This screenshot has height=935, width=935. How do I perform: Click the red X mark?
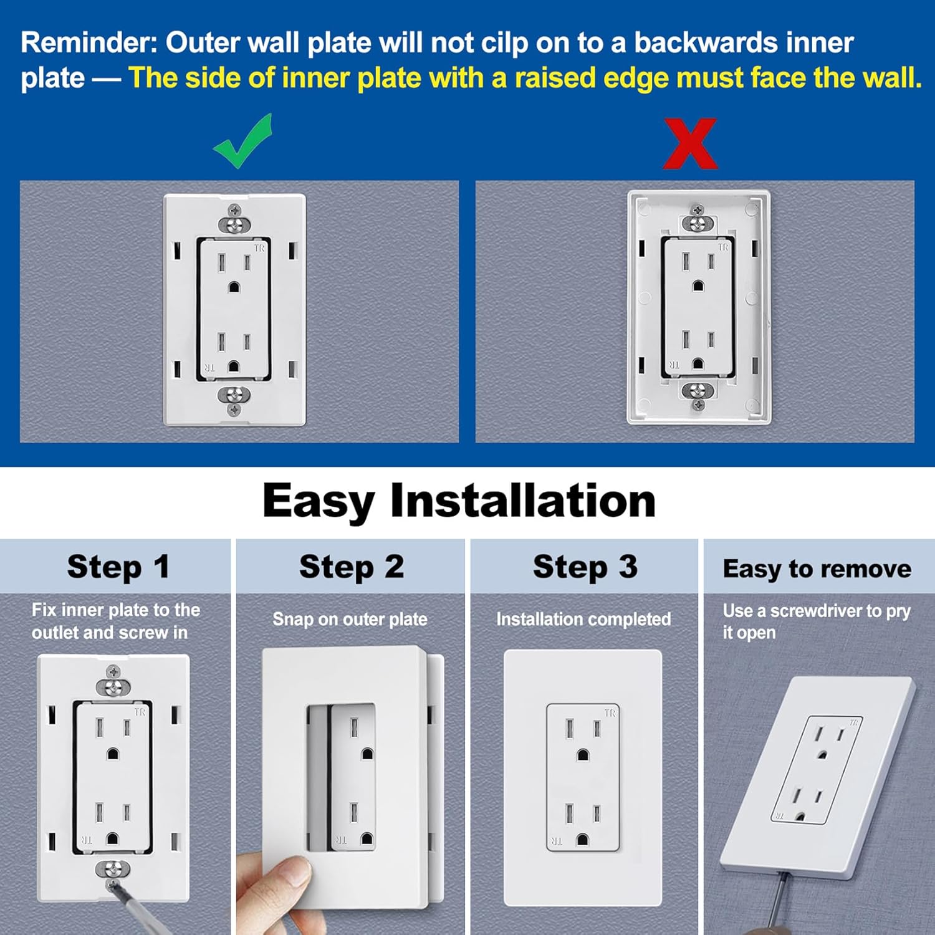(690, 144)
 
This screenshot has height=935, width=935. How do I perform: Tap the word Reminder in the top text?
(89, 43)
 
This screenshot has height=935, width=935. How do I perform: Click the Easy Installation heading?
(459, 501)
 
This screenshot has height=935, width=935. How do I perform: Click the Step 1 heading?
(118, 567)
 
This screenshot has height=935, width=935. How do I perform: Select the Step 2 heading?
(352, 567)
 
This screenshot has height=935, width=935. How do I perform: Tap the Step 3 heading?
(585, 567)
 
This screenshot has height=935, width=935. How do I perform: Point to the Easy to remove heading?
(817, 568)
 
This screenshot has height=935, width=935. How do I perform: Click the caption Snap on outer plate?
(350, 619)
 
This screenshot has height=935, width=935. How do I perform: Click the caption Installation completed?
(583, 619)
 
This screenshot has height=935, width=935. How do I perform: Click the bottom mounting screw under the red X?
(698, 391)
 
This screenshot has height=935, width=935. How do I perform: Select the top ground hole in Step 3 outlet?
(583, 755)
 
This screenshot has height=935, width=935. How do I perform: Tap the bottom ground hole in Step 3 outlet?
(583, 839)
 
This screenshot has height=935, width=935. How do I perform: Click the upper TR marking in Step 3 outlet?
(610, 712)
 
